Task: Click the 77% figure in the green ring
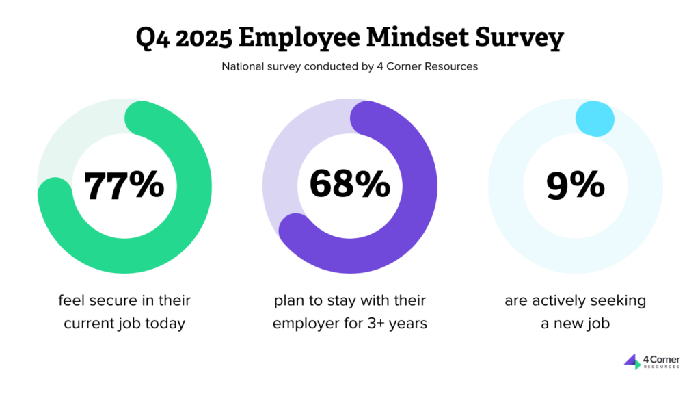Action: [x=124, y=185]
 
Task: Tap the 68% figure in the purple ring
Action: [x=349, y=185]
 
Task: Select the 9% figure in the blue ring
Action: [x=575, y=185]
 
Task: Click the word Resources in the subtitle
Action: [x=452, y=67]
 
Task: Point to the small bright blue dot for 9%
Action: [x=595, y=118]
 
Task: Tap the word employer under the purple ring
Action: [x=304, y=324]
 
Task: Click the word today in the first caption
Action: [x=167, y=324]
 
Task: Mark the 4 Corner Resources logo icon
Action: [x=632, y=361]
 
